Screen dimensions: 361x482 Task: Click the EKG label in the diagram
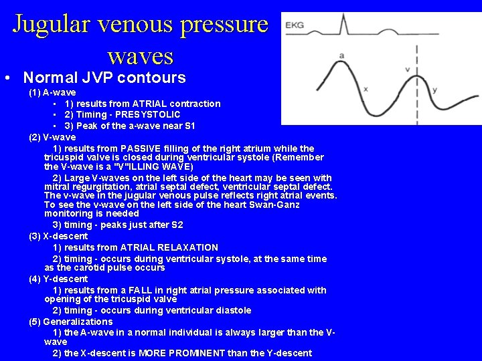(x=295, y=25)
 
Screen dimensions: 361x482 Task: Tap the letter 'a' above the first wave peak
(x=342, y=55)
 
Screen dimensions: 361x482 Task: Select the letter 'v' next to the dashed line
(x=408, y=69)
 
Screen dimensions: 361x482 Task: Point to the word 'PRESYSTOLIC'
(x=149, y=114)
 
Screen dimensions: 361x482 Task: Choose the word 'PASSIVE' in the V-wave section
(x=143, y=148)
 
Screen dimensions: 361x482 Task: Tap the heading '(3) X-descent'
(x=58, y=236)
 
